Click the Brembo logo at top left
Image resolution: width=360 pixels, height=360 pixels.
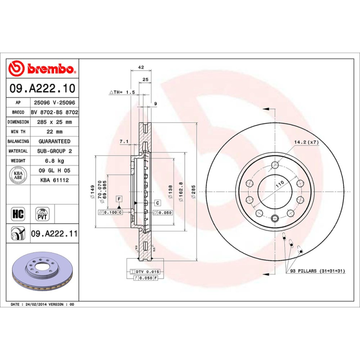[41, 69]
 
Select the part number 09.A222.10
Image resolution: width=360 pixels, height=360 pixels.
[42, 88]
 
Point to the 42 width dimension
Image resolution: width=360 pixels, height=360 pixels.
[140, 67]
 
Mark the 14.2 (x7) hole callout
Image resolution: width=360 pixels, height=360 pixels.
[306, 142]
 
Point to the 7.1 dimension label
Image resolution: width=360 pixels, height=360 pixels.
[124, 142]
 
